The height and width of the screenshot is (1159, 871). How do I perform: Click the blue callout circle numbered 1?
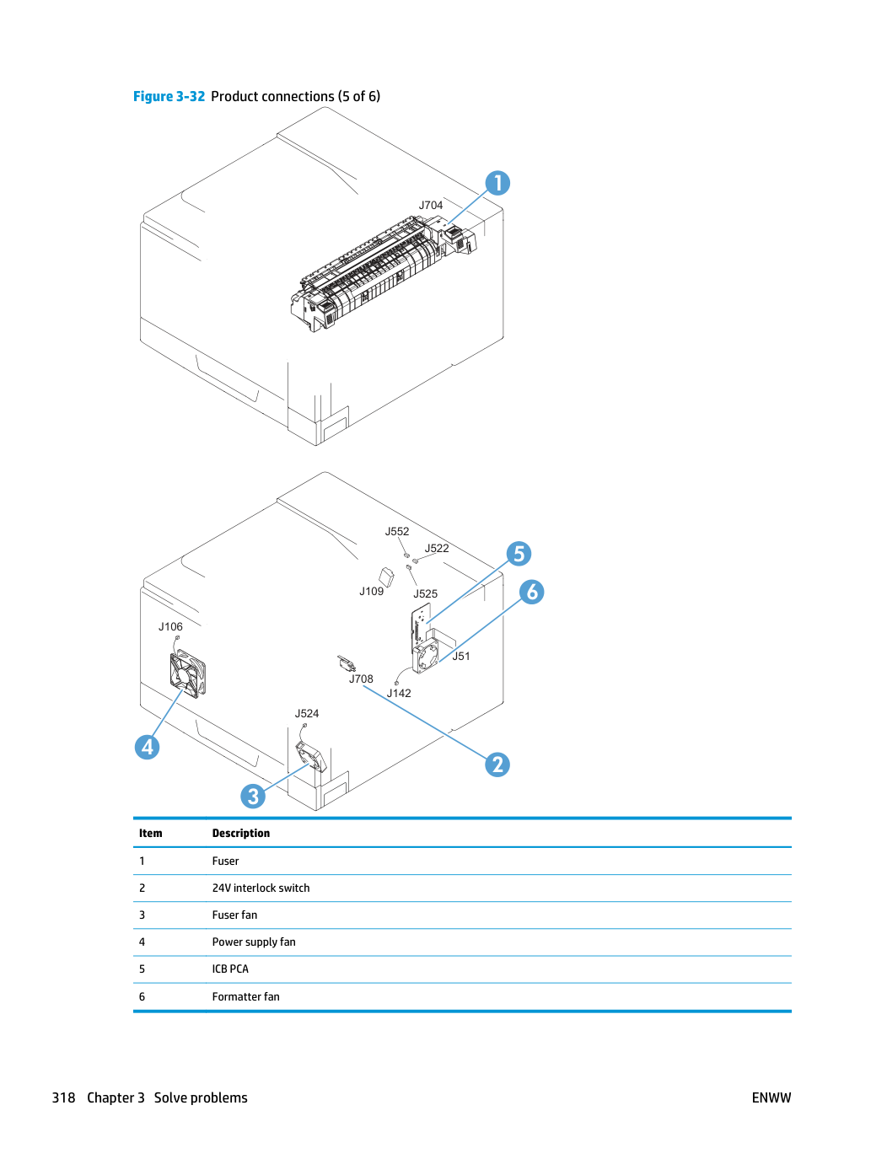coord(497,183)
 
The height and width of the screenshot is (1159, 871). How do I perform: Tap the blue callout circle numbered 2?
coord(497,764)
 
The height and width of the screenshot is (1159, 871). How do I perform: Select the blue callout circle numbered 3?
coord(253,796)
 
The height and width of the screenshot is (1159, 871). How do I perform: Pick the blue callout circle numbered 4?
coord(147,747)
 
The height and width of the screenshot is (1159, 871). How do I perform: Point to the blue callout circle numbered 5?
coord(519,553)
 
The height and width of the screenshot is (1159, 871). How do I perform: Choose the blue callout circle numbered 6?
coord(531,592)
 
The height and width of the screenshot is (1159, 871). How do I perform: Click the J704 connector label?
coord(431,205)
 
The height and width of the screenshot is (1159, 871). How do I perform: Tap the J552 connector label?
coord(396,531)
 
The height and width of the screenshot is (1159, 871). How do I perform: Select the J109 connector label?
coord(371,591)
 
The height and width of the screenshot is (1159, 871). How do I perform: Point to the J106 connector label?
coord(170,626)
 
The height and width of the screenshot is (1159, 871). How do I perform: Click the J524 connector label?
coord(306,713)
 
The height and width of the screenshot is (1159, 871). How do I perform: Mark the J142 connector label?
coord(398,693)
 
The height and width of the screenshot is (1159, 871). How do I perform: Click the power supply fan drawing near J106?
coord(187,673)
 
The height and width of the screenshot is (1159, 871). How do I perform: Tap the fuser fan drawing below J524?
coord(311,756)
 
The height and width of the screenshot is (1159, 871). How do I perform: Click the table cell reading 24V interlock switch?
coord(261,888)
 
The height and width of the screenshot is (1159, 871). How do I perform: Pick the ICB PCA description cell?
coord(230,969)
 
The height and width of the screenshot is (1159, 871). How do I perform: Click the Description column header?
coord(241,833)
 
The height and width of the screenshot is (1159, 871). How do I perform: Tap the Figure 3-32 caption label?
coord(169,96)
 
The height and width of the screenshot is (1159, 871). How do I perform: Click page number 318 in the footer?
coord(63,1097)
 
